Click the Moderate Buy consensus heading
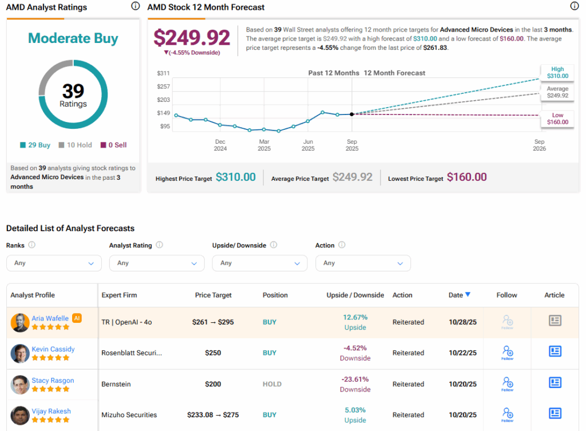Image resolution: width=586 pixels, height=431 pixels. (x=73, y=38)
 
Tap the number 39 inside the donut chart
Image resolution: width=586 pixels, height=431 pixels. (x=73, y=90)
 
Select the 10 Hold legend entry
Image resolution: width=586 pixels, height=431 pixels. (x=76, y=145)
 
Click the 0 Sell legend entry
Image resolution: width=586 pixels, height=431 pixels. (x=113, y=145)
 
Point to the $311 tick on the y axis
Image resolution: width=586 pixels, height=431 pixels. (x=163, y=73)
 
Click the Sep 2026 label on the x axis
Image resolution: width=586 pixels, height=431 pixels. (x=539, y=145)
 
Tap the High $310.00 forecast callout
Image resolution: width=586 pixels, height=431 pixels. (x=557, y=72)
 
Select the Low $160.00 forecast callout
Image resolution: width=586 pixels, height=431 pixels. (x=557, y=118)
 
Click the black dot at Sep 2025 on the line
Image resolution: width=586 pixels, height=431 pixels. (x=351, y=114)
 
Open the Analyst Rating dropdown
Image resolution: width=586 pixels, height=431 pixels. (x=157, y=263)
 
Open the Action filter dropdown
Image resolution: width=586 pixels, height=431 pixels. (x=363, y=263)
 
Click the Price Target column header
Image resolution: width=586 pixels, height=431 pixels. (x=213, y=295)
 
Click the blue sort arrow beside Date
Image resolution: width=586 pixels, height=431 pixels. (x=468, y=295)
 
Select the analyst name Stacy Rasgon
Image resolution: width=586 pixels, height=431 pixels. (x=53, y=380)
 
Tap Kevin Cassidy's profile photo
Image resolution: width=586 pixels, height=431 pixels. (x=20, y=353)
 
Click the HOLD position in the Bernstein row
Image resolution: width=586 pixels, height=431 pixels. (x=272, y=384)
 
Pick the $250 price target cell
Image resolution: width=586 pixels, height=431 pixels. (x=213, y=353)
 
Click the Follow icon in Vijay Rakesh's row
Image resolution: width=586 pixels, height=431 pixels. (x=507, y=414)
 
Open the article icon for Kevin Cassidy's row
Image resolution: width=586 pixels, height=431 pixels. (x=555, y=351)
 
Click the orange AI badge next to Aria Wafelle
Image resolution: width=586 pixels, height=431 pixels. (x=77, y=318)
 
